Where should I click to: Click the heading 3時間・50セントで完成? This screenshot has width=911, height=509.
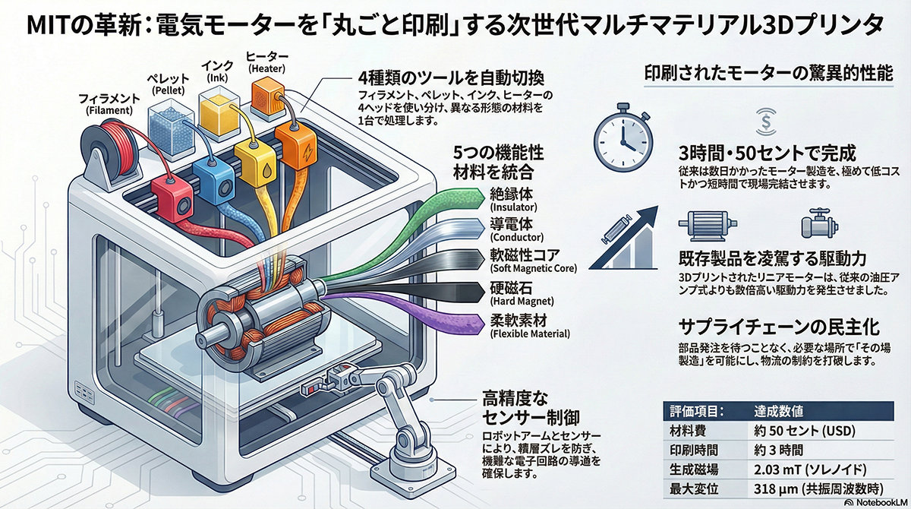coord(768,149)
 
